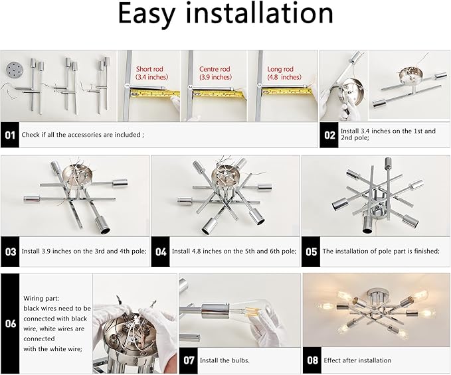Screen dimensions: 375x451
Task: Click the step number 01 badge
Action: (10, 135)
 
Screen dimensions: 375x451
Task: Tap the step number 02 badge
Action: (329, 135)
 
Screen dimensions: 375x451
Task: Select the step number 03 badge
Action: (10, 252)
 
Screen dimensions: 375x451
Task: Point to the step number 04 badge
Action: (160, 252)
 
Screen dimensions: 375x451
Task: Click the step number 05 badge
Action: (311, 252)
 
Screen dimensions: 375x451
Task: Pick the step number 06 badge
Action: (10, 323)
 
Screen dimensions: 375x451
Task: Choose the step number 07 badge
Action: (188, 360)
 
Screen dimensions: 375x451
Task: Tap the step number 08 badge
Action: (311, 360)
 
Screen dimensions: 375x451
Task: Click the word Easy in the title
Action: (151, 15)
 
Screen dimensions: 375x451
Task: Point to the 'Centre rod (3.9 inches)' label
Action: (215, 73)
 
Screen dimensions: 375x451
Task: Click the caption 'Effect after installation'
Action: (357, 360)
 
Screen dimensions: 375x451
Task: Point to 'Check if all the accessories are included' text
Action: (82, 135)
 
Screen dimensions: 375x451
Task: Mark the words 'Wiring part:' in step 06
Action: (42, 299)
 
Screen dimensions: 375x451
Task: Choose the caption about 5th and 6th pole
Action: (234, 252)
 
